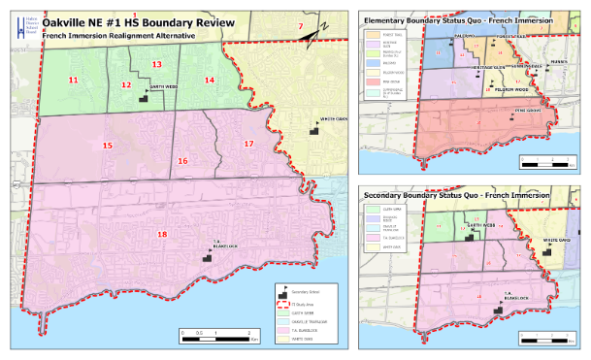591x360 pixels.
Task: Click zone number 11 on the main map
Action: pyautogui.click(x=74, y=80)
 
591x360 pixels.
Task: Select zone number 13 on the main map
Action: pyautogui.click(x=156, y=64)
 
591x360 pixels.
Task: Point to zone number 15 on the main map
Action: pyautogui.click(x=108, y=146)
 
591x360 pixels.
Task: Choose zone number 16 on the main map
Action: pyautogui.click(x=182, y=160)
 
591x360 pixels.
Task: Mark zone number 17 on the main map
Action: pyautogui.click(x=248, y=144)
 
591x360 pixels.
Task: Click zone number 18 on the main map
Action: pyautogui.click(x=162, y=235)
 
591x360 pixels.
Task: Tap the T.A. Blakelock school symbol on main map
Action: pyautogui.click(x=205, y=256)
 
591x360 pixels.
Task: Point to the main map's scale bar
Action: pyautogui.click(x=210, y=336)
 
